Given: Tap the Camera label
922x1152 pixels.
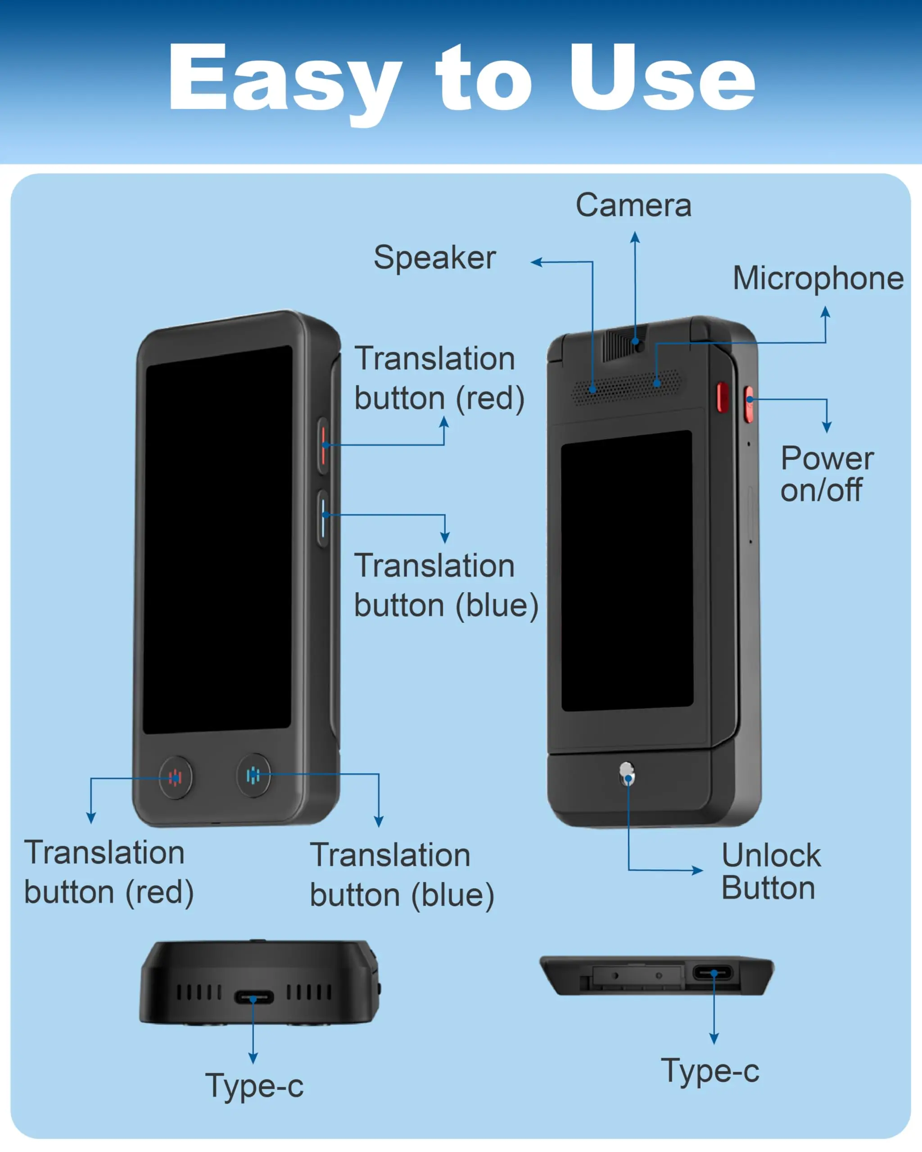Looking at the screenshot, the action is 633,205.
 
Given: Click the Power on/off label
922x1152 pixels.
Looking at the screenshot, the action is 827,474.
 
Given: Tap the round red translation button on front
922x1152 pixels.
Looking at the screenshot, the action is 175,778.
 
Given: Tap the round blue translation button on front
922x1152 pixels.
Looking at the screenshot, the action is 253,775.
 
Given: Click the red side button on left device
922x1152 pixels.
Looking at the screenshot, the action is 323,445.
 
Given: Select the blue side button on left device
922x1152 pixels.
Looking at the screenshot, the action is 323,518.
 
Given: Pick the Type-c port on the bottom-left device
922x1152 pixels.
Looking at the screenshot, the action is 254,997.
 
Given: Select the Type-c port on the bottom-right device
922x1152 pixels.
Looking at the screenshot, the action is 713,972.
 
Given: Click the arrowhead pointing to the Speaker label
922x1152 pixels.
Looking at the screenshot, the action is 537,262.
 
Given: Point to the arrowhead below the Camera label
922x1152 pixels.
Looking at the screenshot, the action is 635,237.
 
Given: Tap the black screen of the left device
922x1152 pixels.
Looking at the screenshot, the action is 217,540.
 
